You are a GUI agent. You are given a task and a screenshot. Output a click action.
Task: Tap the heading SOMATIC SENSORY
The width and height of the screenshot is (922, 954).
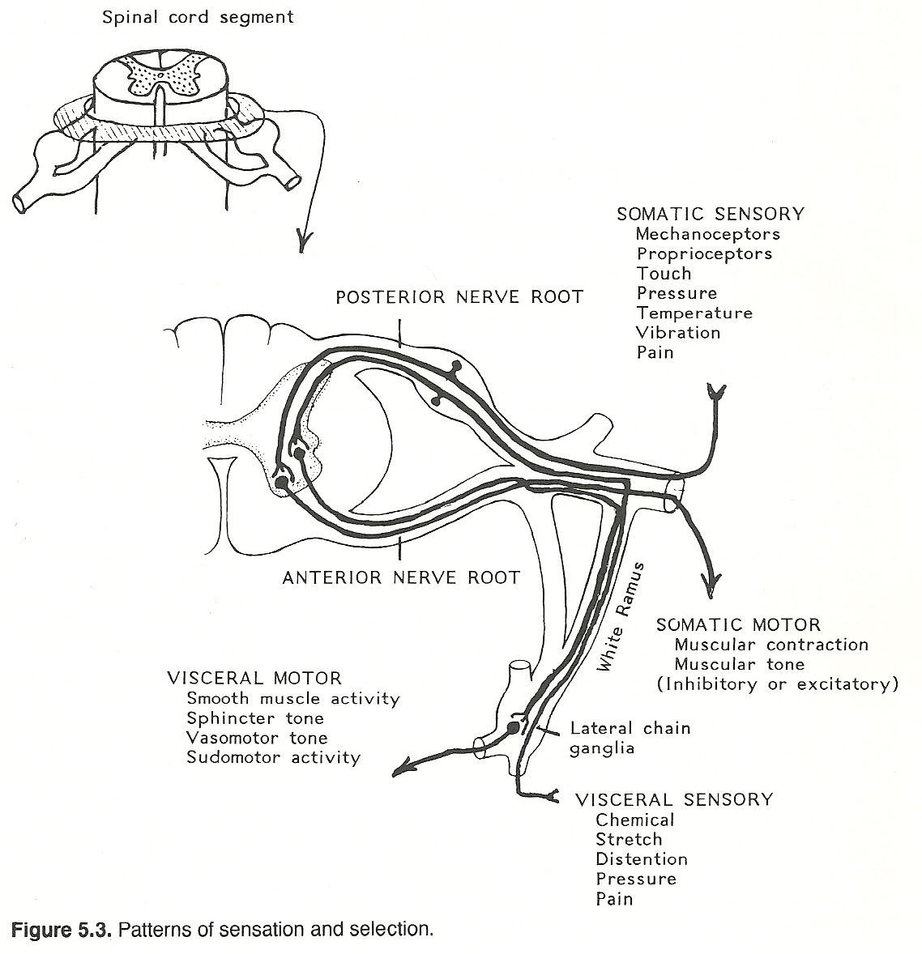point(711,215)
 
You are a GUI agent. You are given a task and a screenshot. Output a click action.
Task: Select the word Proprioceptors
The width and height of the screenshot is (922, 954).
point(704,253)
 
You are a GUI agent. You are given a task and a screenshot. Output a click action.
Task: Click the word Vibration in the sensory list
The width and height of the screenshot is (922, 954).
point(678,333)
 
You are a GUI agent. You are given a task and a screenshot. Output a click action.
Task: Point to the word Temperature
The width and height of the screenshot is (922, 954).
point(694,313)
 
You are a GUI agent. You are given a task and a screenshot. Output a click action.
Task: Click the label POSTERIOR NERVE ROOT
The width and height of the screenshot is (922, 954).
point(459,297)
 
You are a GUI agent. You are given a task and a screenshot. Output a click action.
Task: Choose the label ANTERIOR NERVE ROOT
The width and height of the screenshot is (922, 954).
point(401,577)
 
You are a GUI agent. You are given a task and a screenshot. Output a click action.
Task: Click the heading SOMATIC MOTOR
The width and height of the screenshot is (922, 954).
point(738,625)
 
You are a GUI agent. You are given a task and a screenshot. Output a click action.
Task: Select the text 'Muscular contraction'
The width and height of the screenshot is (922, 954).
point(770,645)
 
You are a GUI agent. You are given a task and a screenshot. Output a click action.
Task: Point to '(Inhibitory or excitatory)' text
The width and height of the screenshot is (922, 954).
point(778,684)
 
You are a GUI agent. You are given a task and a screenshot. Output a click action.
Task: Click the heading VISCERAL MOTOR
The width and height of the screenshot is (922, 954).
point(254,679)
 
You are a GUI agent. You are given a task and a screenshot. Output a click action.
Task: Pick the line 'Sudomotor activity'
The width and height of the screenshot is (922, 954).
point(273,758)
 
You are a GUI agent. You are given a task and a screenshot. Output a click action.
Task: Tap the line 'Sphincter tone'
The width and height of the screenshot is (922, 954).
point(254,718)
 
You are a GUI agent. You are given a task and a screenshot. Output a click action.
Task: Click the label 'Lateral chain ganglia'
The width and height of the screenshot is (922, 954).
point(630,738)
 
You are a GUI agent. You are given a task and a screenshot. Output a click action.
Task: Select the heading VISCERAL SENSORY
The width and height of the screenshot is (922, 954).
point(674,800)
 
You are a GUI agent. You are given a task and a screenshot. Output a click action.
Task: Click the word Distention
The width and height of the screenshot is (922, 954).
point(641,859)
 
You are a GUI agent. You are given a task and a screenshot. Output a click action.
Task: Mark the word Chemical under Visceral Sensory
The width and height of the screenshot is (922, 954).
point(634,820)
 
